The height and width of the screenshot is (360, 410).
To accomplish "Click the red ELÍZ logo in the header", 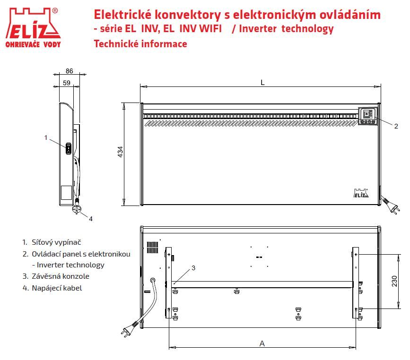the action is tap(33, 28).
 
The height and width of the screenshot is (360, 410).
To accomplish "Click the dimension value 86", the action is tap(70, 71).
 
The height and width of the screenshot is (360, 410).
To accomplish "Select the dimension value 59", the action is tap(67, 83).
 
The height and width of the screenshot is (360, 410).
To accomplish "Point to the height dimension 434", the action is tap(120, 152).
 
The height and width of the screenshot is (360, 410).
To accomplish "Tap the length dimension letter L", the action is tap(262, 83).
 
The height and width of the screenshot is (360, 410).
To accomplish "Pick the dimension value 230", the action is tap(394, 281).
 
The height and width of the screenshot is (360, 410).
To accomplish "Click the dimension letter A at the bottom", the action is tap(262, 343).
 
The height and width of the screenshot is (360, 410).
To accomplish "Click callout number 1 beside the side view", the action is tap(46, 137).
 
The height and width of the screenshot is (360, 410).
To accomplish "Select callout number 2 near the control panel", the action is tap(396, 126).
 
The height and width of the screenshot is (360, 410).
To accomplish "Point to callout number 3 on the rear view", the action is tap(193, 268).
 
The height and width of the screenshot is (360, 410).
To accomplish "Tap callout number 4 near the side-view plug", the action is tap(91, 219).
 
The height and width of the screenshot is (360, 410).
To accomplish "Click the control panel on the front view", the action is tap(368, 116).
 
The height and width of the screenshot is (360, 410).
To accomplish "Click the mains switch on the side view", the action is tap(69, 149).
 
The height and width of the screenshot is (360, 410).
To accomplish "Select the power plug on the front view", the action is tap(391, 205).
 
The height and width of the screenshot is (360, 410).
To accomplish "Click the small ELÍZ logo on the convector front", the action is tap(361, 193).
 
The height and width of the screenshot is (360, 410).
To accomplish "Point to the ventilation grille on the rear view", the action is tap(152, 248).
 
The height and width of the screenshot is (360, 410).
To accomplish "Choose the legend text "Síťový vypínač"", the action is tap(56, 242).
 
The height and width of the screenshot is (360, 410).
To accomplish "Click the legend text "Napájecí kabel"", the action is tap(57, 288).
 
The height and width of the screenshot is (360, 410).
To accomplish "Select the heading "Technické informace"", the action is tap(140, 43).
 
